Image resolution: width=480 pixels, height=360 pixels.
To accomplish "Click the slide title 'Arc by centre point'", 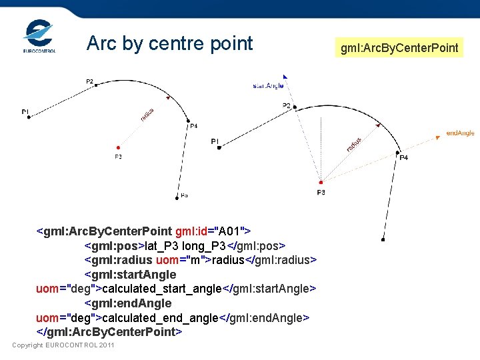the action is point(170,43).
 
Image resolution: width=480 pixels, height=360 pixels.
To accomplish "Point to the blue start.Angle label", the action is point(268,85).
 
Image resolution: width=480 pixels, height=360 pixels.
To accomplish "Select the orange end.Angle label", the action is point(460,133).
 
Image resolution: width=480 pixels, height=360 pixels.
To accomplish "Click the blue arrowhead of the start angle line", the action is point(285,77).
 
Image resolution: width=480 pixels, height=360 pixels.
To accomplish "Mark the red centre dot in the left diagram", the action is point(118,147).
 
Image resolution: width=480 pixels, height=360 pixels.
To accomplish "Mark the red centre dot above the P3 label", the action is point(321,182).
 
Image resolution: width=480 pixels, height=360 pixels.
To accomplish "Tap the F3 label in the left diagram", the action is point(118,157).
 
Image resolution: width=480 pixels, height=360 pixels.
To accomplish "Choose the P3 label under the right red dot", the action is point(321,193).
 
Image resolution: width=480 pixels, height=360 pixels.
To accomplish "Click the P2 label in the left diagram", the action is point(89,81).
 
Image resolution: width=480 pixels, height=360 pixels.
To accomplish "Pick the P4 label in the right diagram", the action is point(403,158).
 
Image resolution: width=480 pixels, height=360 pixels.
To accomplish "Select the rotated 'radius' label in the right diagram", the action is point(353,143).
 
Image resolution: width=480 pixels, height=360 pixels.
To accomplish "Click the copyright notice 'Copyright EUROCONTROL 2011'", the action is point(63,345).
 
